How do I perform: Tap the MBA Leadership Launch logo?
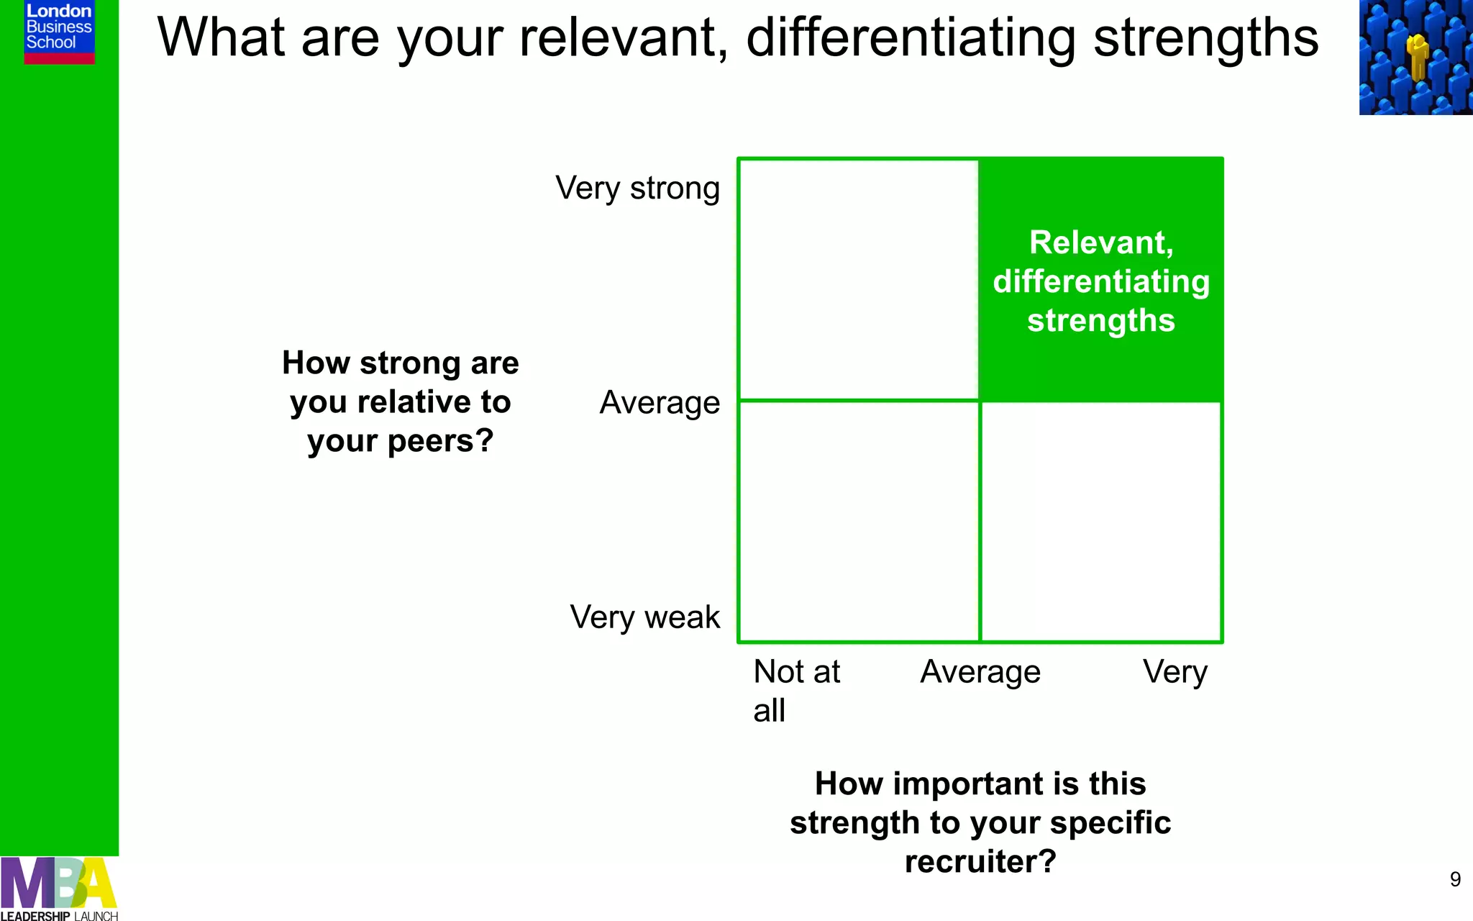click(x=59, y=889)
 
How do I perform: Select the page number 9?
click(x=1455, y=879)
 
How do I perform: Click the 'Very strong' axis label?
click(x=637, y=189)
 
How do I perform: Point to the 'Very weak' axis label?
click(x=644, y=617)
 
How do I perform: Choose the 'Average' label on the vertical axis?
click(x=660, y=403)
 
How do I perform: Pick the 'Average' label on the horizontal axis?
click(x=980, y=672)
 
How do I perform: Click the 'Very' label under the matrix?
click(x=1175, y=672)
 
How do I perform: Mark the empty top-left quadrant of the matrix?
click(x=859, y=279)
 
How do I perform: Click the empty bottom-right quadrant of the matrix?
click(x=1101, y=522)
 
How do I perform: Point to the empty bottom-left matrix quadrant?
click(x=859, y=522)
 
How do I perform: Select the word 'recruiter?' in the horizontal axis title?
click(x=980, y=861)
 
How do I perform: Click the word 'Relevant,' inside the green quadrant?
click(x=1101, y=242)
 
